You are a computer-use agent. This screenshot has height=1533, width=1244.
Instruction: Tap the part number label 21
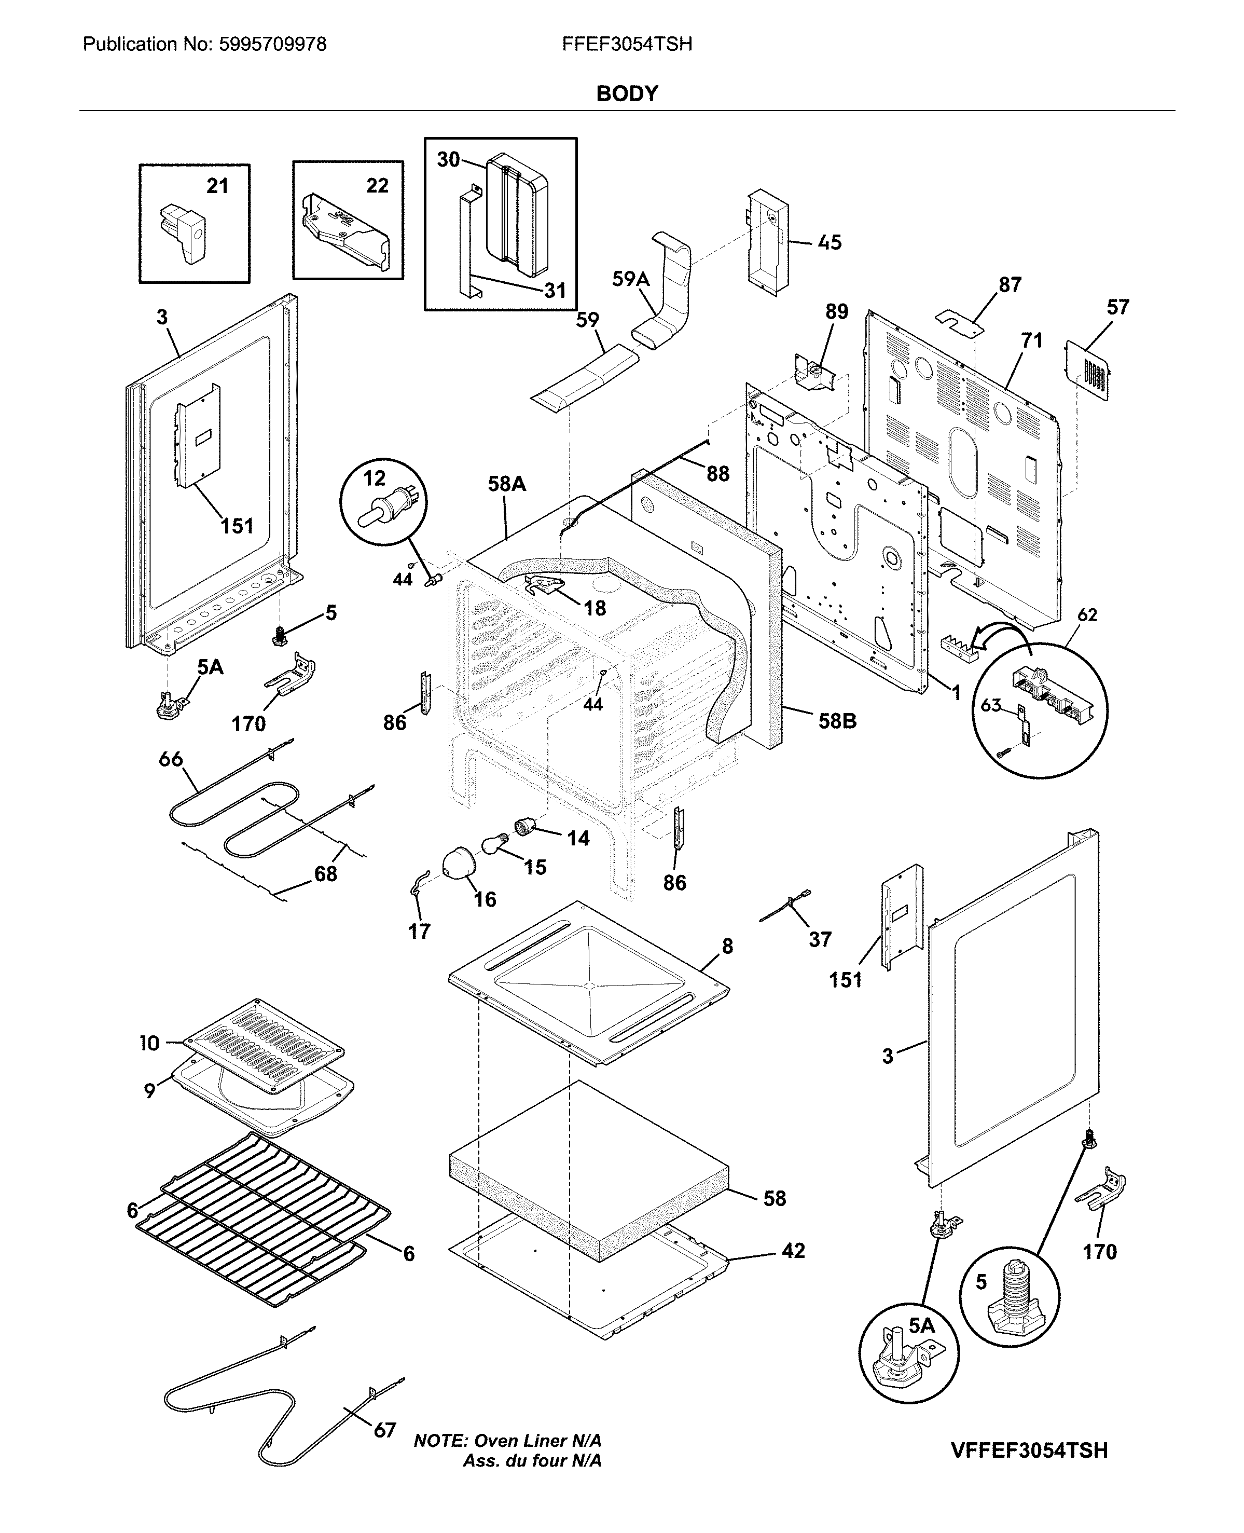pyautogui.click(x=217, y=186)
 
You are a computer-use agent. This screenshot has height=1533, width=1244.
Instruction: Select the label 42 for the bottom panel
pyautogui.click(x=793, y=1251)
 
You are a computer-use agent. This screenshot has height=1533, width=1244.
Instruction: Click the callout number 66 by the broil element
pyautogui.click(x=171, y=758)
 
